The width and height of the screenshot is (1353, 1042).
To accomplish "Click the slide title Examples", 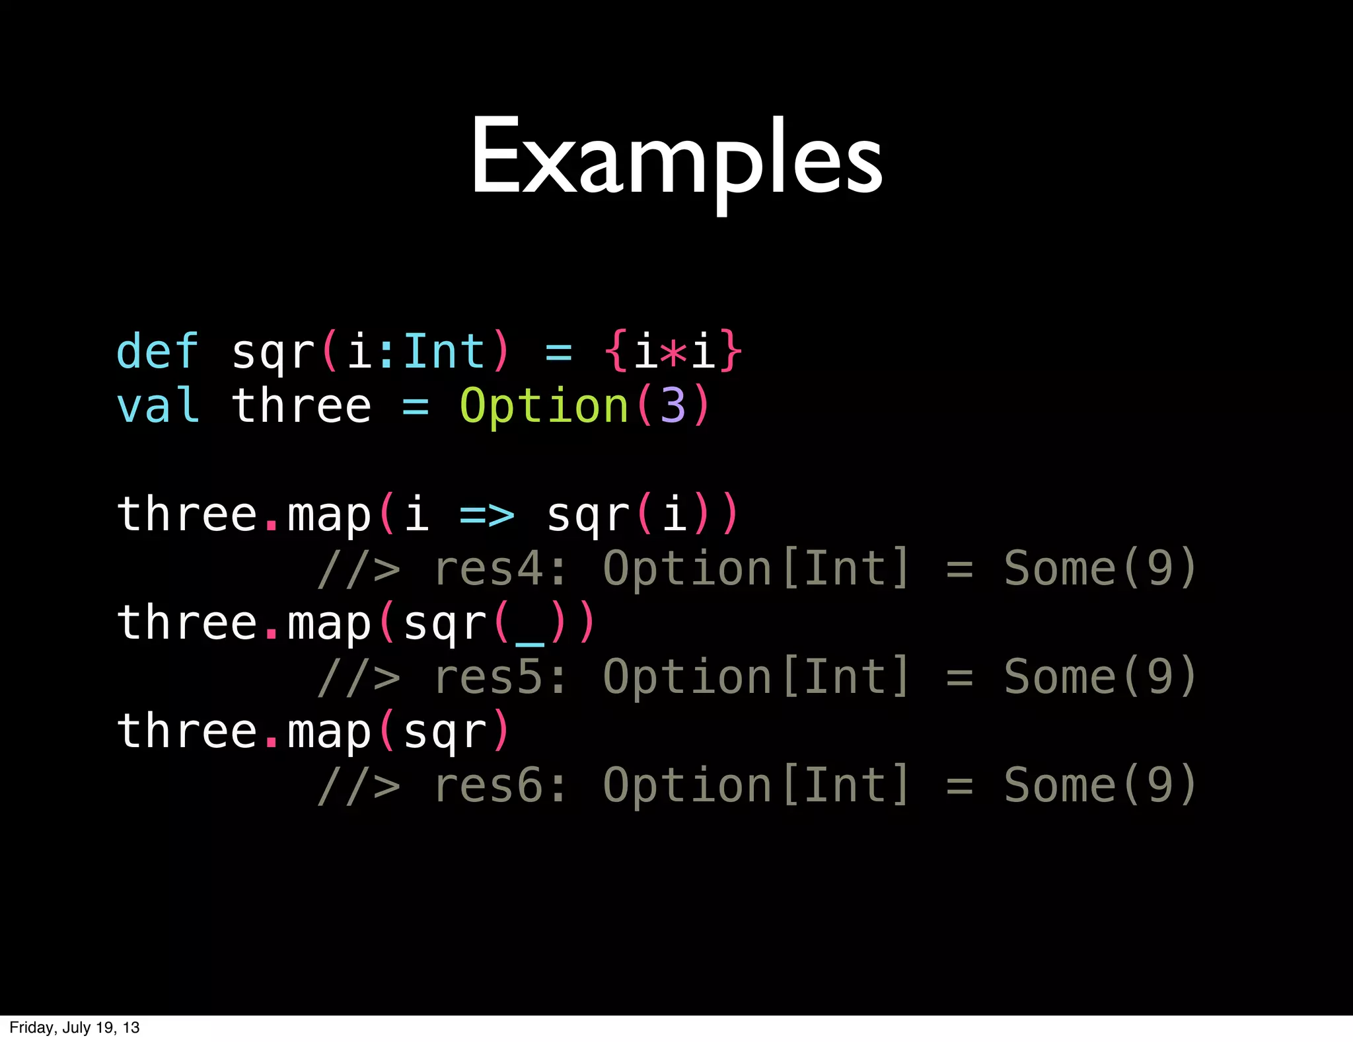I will tap(676, 159).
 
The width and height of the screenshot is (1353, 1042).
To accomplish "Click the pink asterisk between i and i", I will tap(674, 352).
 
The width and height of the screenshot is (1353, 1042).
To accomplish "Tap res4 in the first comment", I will tap(488, 569).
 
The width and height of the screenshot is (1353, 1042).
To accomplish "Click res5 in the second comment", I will tap(488, 677).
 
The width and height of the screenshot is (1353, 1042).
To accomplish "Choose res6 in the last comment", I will tap(488, 785).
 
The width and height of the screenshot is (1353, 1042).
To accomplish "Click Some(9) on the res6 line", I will tap(1100, 785).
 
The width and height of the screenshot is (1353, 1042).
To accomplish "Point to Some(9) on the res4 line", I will tap(1100, 569).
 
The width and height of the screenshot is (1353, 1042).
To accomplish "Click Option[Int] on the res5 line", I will tap(756, 677).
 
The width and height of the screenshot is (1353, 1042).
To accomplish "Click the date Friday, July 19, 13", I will tap(75, 1027).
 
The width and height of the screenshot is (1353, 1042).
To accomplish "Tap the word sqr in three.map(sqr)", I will tap(445, 733).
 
